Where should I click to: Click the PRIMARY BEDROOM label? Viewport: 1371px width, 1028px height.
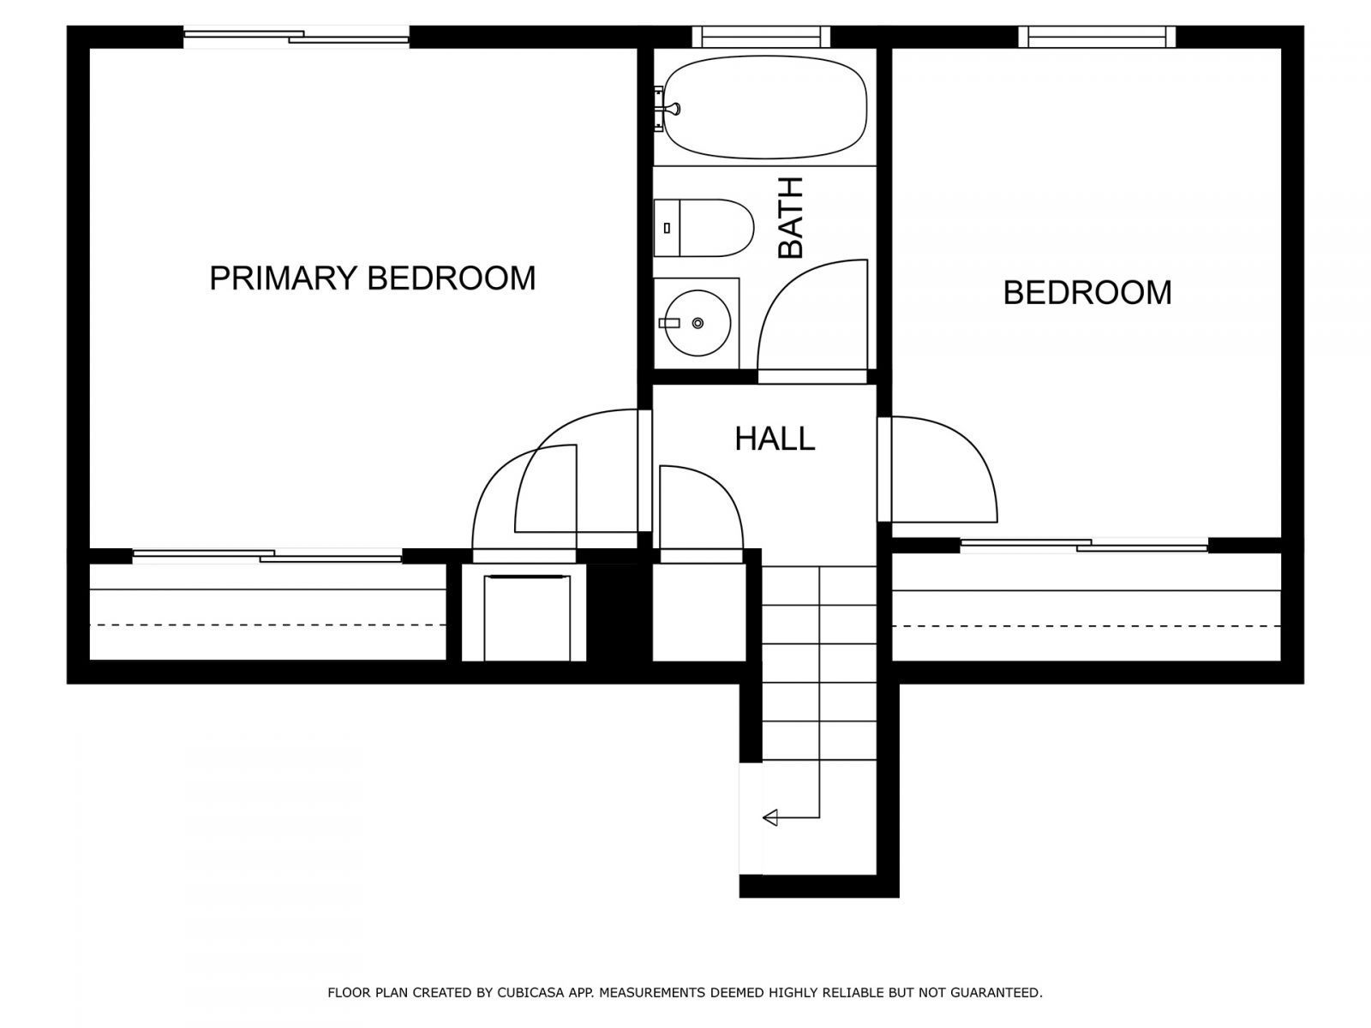[372, 278]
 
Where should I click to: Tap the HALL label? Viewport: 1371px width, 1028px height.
[775, 439]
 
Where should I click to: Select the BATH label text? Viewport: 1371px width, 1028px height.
[790, 218]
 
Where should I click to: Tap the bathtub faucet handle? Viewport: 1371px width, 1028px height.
[674, 109]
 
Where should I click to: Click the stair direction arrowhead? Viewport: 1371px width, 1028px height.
[769, 817]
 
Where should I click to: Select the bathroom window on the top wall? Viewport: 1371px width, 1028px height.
[761, 36]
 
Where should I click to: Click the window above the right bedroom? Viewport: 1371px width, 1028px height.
[1097, 36]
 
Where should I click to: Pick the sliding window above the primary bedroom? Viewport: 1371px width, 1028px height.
[296, 37]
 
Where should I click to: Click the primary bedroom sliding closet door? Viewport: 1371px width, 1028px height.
[267, 556]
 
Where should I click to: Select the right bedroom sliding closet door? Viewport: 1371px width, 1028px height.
[1084, 545]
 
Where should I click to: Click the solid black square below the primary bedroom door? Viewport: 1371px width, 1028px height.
[619, 613]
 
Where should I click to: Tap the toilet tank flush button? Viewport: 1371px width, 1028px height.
[667, 228]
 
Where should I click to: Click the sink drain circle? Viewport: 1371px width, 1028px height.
[697, 323]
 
